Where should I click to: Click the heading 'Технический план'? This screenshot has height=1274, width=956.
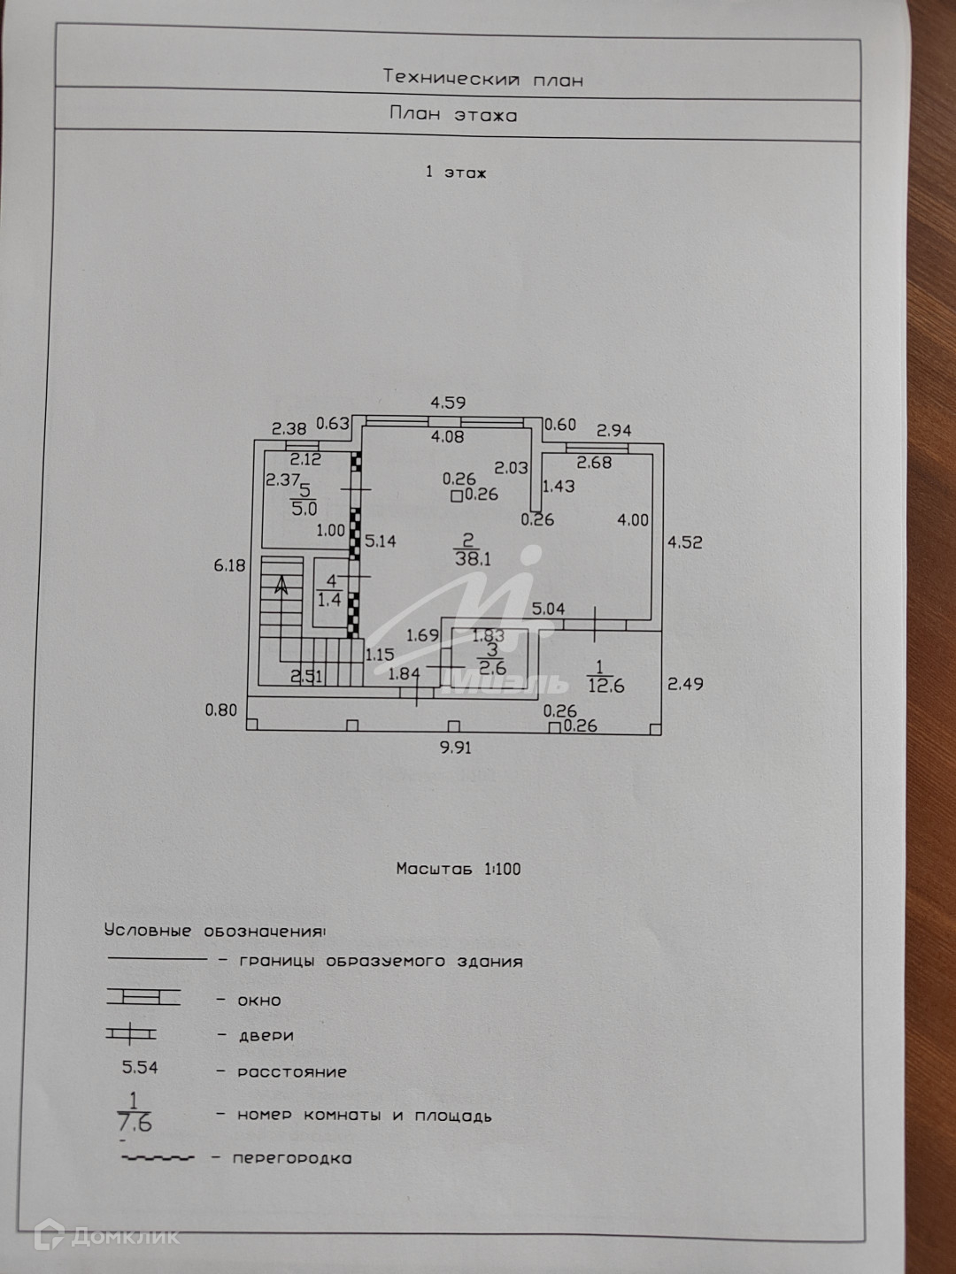point(482,79)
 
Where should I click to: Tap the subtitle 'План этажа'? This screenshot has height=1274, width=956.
point(452,115)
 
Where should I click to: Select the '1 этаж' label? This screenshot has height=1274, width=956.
point(456,173)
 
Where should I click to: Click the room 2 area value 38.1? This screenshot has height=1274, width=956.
point(473,559)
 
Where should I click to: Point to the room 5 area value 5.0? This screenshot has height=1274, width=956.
point(305,509)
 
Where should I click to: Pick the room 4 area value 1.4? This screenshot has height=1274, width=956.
point(329,600)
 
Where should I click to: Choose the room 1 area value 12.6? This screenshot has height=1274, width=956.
point(605,686)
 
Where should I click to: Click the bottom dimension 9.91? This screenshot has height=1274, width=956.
point(456,748)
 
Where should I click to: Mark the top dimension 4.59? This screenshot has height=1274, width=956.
point(448,403)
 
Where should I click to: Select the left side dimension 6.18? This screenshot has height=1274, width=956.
point(229,564)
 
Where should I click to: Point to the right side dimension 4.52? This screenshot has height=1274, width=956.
point(685,542)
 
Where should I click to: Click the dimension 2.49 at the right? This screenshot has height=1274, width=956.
point(685,684)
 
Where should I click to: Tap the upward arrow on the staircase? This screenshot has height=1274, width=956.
point(281,584)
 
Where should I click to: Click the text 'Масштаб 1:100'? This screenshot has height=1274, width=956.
point(459,869)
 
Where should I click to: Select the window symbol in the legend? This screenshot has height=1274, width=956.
point(143,997)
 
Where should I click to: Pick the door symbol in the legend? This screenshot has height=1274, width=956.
point(131,1033)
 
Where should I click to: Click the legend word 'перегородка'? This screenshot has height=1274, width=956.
point(292,1158)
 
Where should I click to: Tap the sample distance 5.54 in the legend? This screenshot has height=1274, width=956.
point(140,1068)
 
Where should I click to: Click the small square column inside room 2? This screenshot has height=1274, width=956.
point(456,496)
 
